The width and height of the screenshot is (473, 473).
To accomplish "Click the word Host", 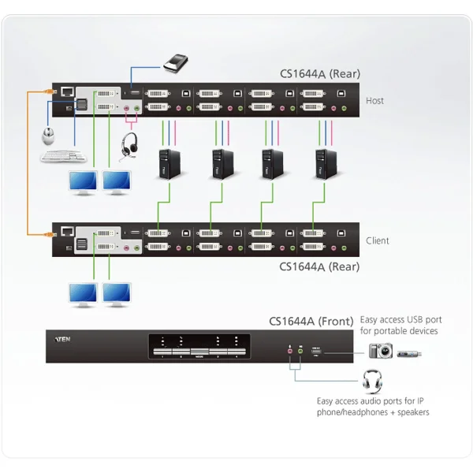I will point(375,101).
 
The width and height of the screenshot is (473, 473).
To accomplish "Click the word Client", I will point(378,240).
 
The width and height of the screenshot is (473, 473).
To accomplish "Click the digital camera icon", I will point(380,351).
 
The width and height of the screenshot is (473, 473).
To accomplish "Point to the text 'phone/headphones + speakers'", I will point(373,412).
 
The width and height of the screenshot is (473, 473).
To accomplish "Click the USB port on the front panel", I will point(317,348).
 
